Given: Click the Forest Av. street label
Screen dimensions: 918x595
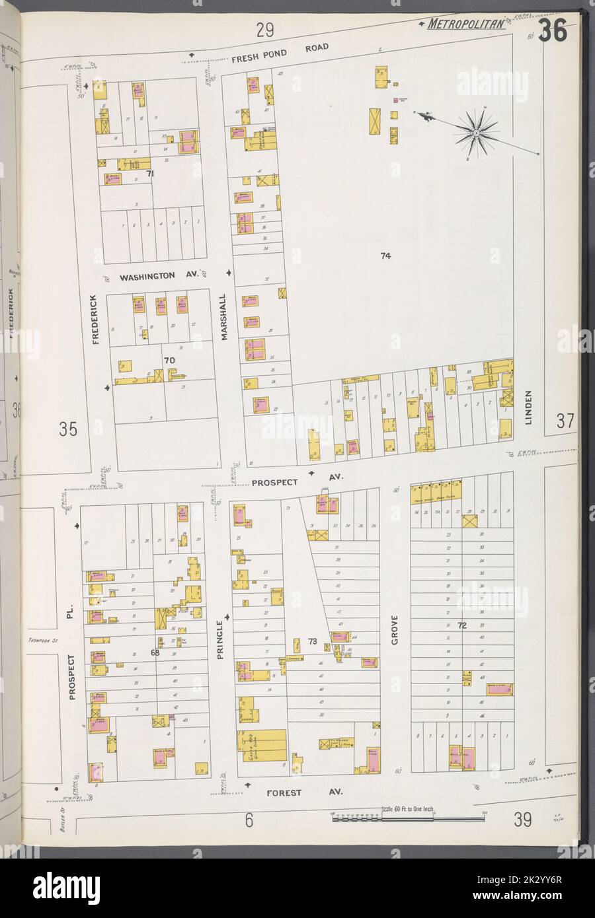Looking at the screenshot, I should [290, 789].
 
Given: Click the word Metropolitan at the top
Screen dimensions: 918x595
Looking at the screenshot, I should [466, 25].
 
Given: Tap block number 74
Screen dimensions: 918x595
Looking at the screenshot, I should [385, 256].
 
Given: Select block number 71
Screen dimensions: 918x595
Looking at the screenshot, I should [150, 174].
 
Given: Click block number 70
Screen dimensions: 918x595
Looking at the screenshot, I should [169, 360].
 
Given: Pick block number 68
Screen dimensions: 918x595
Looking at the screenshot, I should [155, 654].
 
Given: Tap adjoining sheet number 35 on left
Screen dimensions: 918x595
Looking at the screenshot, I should [68, 430].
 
